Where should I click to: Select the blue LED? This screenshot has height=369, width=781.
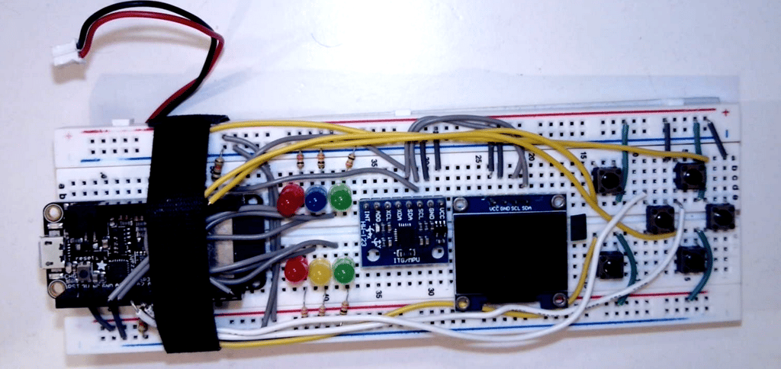[x=316, y=198]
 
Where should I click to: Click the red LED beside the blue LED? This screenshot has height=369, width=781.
[x=290, y=202]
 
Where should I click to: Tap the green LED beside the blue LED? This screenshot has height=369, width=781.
[x=340, y=197]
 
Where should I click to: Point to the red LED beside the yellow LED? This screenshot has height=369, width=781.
[x=296, y=270]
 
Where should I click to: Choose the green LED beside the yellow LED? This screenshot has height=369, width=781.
[x=344, y=270]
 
